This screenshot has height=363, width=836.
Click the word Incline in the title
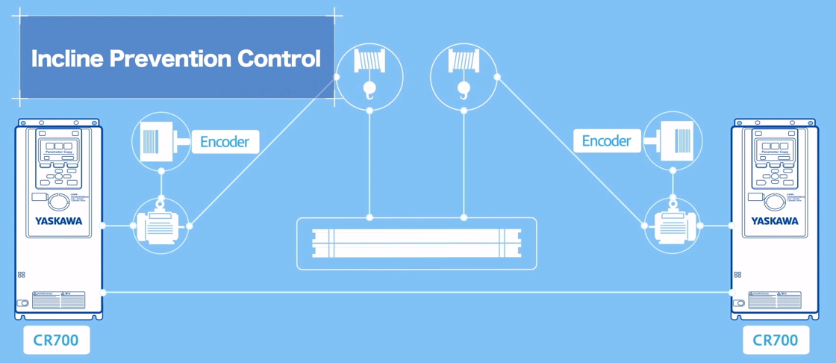coord(67,58)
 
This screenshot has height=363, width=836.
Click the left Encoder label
coord(225,142)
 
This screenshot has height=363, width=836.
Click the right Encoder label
coord(606,140)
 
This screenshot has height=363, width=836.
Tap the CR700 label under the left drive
coord(56,341)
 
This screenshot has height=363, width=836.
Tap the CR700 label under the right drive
coord(776,341)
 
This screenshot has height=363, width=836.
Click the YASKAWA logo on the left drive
coord(58,221)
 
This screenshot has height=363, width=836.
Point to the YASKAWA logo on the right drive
coord(775,221)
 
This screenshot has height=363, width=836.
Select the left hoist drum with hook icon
coord(369,75)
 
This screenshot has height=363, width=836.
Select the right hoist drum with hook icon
coord(464,75)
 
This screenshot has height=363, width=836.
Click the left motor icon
coord(160,224)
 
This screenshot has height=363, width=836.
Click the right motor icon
coord(673,224)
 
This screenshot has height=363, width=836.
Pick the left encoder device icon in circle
coord(160,142)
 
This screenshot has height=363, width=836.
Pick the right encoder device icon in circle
coord(673,140)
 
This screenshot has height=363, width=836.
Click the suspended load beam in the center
coord(417,243)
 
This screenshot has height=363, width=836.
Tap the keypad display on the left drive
coord(58,146)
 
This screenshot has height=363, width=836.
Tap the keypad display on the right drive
coord(775,146)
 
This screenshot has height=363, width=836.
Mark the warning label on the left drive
coord(58,300)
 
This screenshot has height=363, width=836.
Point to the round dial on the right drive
coord(774,202)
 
